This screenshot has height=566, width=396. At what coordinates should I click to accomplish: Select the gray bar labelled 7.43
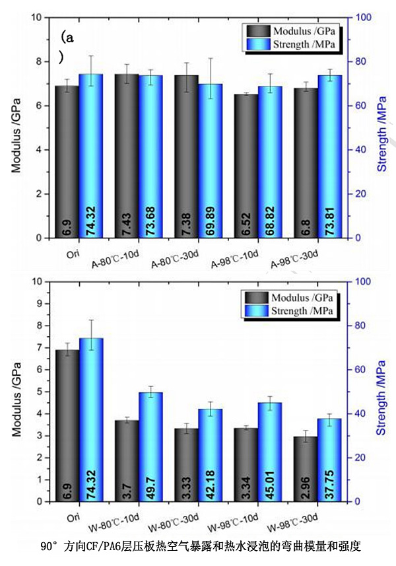127,156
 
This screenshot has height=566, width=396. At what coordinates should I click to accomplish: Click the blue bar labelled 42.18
211,455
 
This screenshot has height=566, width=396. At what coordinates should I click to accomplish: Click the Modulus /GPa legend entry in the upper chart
291,31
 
